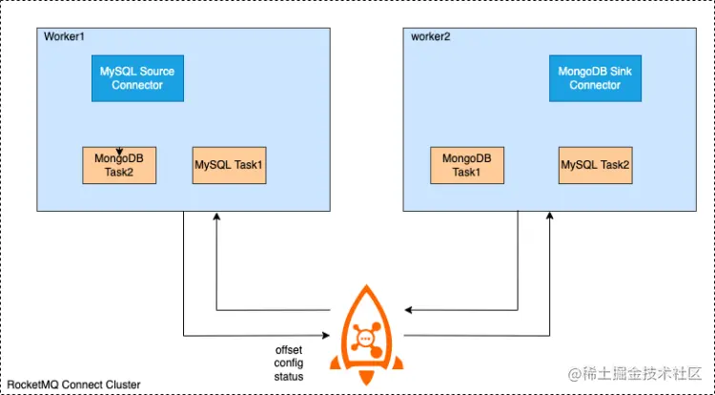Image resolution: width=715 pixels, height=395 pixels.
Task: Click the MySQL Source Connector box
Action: pos(137,78)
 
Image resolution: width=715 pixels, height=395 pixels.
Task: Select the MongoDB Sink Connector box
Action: pos(595,78)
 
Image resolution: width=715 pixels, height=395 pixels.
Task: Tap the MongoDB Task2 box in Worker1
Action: pos(118,165)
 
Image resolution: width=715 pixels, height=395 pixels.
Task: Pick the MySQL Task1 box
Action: pos(229,165)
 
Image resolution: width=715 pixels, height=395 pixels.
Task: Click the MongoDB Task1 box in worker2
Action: pos(466,165)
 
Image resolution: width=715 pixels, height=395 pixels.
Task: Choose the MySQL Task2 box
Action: pos(595,165)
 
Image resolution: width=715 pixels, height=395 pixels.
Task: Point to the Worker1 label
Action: pos(65,36)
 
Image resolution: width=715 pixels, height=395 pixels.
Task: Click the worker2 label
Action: pos(431,36)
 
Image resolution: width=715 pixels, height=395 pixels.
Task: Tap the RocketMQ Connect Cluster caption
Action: pos(72,385)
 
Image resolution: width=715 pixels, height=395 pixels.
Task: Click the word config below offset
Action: pos(289,364)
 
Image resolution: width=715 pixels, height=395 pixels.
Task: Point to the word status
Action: pos(289,377)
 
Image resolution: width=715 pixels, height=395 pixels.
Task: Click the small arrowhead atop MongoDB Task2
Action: pos(118,150)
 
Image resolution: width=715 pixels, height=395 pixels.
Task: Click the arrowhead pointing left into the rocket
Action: pos(407,310)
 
